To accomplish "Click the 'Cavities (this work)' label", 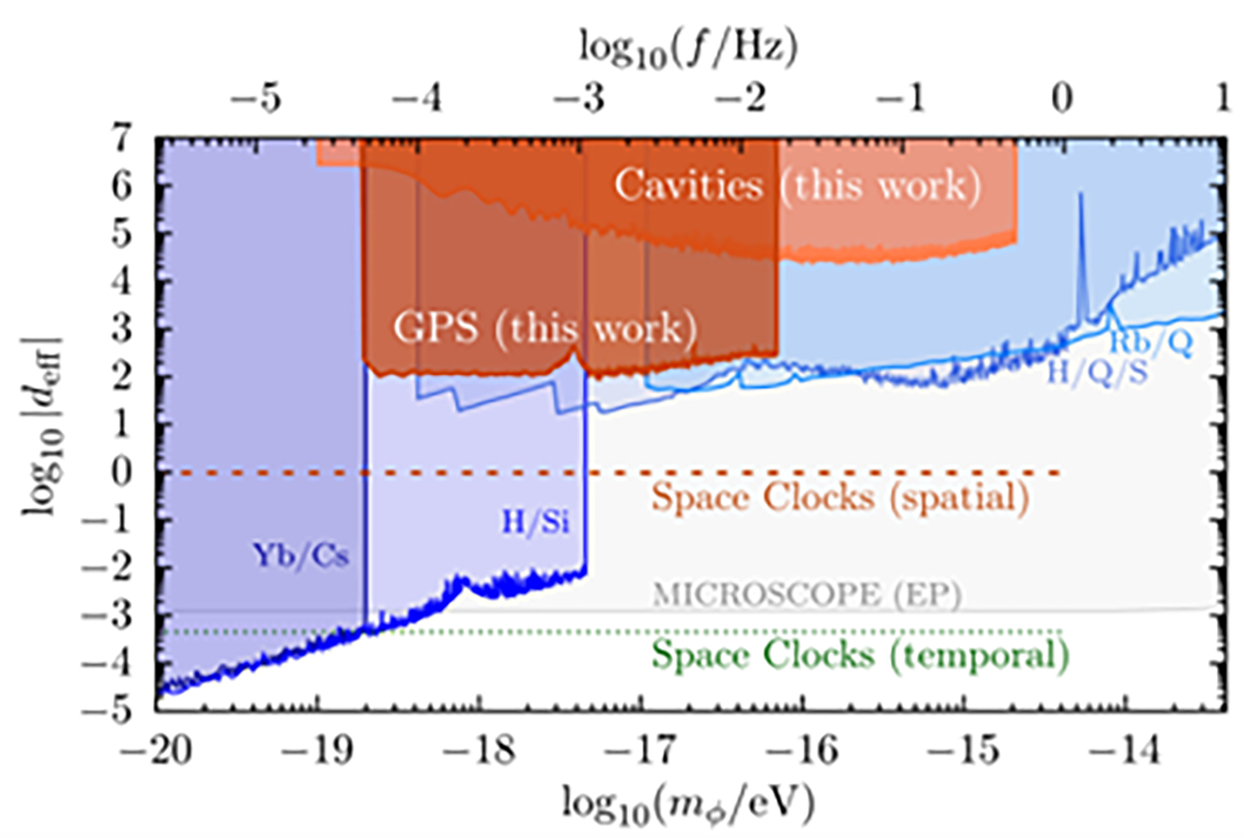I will pos(797,185).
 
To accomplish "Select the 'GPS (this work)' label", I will pos(545,328).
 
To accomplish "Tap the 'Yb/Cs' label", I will pos(301,555).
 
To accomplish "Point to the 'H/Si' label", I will pos(535,522).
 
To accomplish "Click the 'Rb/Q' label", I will pos(1151,342).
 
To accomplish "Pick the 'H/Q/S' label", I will pos(1097,371).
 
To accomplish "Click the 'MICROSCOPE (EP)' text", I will pos(806,594).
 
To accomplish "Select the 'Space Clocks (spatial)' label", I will pos(840,497).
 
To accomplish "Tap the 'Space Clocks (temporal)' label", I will pos(860,654).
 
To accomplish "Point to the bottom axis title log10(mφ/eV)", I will pos(687,804).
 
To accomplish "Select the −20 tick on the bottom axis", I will pos(156,748).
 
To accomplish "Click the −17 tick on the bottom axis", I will pos(644,748).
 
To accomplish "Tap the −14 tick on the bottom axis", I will pos(1128,748).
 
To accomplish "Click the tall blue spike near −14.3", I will pos(1081,251).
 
